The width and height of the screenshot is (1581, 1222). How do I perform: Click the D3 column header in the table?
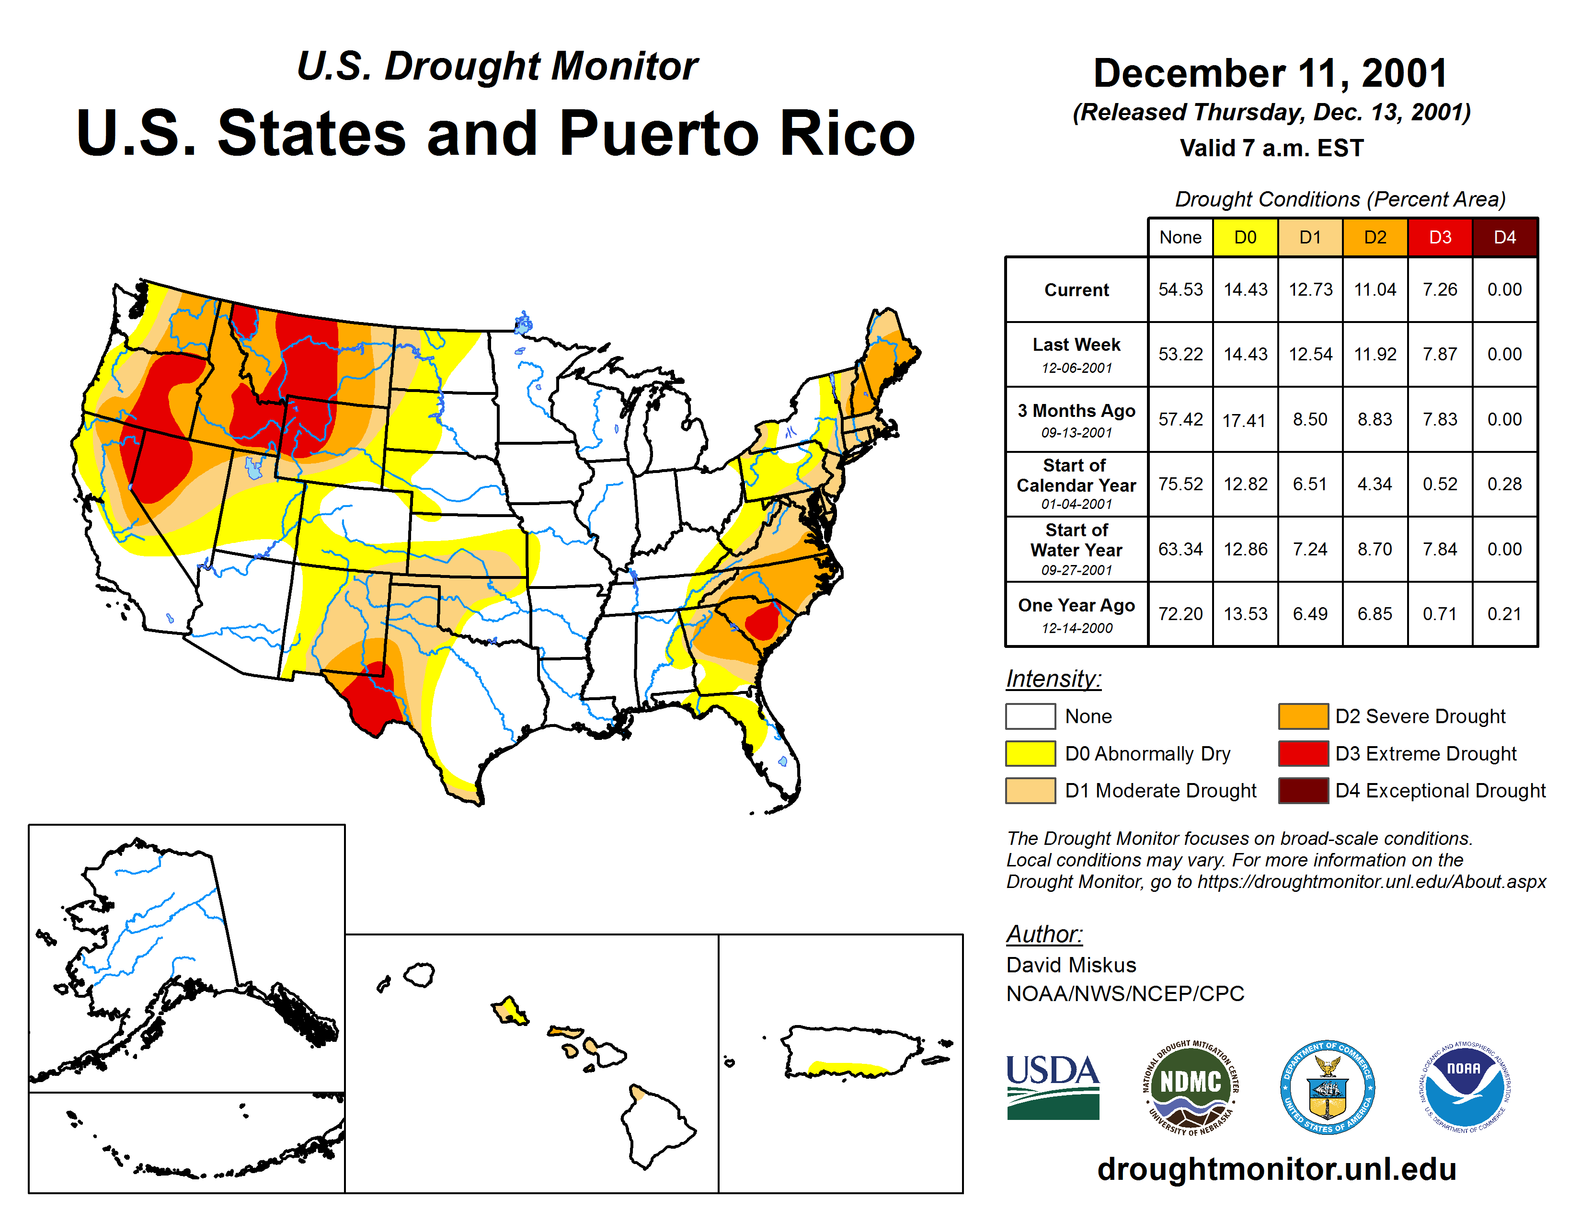[x=1439, y=237]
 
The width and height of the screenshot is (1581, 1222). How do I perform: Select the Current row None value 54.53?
[x=1180, y=289]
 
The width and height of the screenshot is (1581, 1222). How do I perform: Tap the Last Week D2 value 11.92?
[x=1375, y=354]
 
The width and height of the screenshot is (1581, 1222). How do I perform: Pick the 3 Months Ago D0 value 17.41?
[x=1244, y=420]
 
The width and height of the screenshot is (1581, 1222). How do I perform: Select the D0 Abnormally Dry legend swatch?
[x=1030, y=754]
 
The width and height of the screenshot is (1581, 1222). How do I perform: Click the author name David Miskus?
[x=1071, y=965]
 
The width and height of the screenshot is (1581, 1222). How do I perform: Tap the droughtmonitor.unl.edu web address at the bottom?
[x=1276, y=1169]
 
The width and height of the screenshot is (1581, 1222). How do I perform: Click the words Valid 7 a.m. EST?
[x=1271, y=149]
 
